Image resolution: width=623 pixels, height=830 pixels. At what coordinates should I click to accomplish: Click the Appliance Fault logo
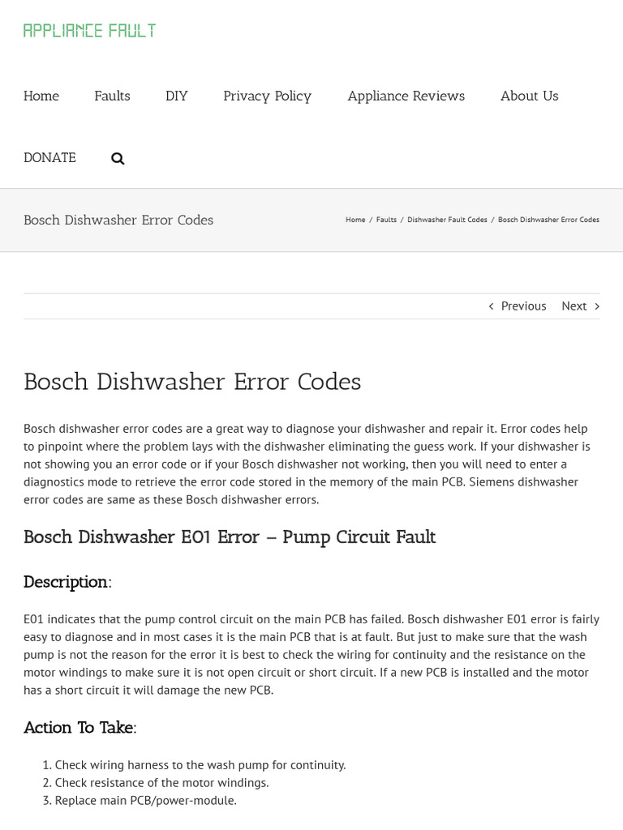(89, 31)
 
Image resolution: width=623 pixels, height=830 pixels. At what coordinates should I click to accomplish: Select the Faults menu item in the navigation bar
(112, 96)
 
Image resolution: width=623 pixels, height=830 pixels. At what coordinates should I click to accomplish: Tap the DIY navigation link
(176, 96)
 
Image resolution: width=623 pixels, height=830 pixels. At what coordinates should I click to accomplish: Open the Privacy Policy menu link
(267, 96)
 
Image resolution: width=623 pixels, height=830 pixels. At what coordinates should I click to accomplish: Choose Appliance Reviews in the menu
(406, 96)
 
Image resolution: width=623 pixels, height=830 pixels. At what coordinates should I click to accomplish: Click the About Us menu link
(529, 96)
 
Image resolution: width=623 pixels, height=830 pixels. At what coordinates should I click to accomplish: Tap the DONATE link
(49, 157)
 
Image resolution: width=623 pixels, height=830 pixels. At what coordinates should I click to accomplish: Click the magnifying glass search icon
(118, 158)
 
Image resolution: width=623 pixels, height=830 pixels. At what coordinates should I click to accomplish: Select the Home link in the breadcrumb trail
(355, 220)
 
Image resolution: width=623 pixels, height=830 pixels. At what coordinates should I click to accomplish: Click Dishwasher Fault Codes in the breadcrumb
(447, 220)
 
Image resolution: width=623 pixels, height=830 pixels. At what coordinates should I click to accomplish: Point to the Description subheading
(66, 582)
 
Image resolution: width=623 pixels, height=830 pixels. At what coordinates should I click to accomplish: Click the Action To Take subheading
(79, 728)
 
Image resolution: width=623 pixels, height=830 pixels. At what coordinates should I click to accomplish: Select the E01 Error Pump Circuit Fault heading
(230, 537)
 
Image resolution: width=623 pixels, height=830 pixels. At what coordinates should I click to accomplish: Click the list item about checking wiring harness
(200, 764)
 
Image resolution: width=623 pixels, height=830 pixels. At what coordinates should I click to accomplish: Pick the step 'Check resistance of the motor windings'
(161, 782)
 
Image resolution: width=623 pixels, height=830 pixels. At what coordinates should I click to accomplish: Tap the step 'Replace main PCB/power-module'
(145, 800)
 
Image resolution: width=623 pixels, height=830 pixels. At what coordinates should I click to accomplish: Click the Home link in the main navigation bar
(41, 96)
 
